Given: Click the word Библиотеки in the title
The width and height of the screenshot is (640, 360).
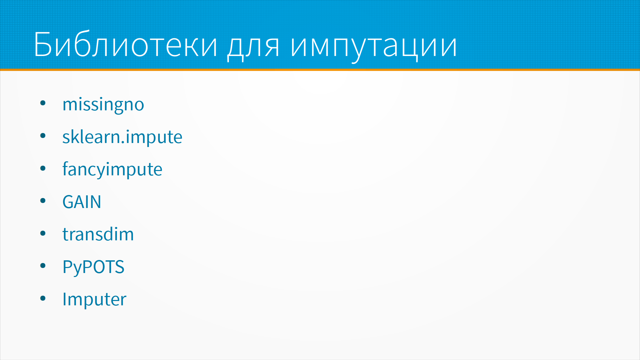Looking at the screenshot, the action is point(126,44).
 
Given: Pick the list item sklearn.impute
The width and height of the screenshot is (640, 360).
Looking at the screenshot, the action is point(122,137).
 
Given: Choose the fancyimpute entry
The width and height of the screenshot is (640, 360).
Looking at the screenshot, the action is point(112,169).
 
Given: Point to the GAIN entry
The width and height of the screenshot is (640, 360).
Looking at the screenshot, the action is point(82,202).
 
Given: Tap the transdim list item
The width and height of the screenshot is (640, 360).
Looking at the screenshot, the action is point(98,234).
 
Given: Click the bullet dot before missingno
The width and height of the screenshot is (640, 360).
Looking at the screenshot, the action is point(43,103).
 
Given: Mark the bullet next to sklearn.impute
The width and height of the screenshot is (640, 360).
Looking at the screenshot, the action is point(43,136).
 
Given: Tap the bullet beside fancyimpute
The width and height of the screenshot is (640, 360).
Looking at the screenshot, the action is point(43,168).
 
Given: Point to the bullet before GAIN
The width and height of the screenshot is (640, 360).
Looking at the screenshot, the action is point(43,201).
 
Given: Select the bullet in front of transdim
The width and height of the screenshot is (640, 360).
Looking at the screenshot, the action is point(43,233).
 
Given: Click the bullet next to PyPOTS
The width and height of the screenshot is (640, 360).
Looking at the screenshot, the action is point(43,266).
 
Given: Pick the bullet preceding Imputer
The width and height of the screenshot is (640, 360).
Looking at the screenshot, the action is point(43,298).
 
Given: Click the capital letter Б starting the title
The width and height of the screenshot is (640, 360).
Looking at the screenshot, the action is point(43,44).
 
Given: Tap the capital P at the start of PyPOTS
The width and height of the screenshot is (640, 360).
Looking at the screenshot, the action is point(67,267).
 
